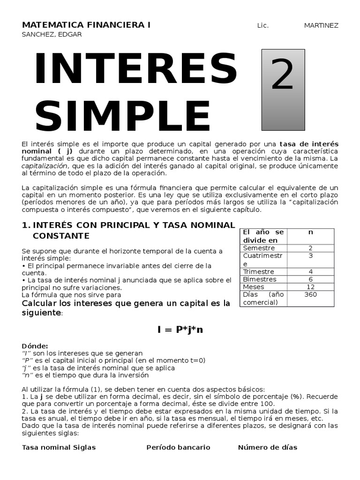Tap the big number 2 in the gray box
pos(283,75)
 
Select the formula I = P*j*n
pos(180,330)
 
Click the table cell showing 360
pos(310,294)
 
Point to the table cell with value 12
pos(310,287)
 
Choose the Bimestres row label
pos(260,279)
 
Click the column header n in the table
pos(310,232)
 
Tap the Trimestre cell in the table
pos(259,271)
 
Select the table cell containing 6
pos(310,279)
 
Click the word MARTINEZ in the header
pos(321,25)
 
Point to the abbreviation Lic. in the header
pos(263,25)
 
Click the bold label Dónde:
pos(35,345)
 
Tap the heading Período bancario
pos(178,447)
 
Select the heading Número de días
pos(267,447)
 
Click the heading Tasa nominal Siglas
pos(59,447)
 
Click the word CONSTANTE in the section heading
pos(61,235)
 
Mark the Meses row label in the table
pos(254,287)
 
